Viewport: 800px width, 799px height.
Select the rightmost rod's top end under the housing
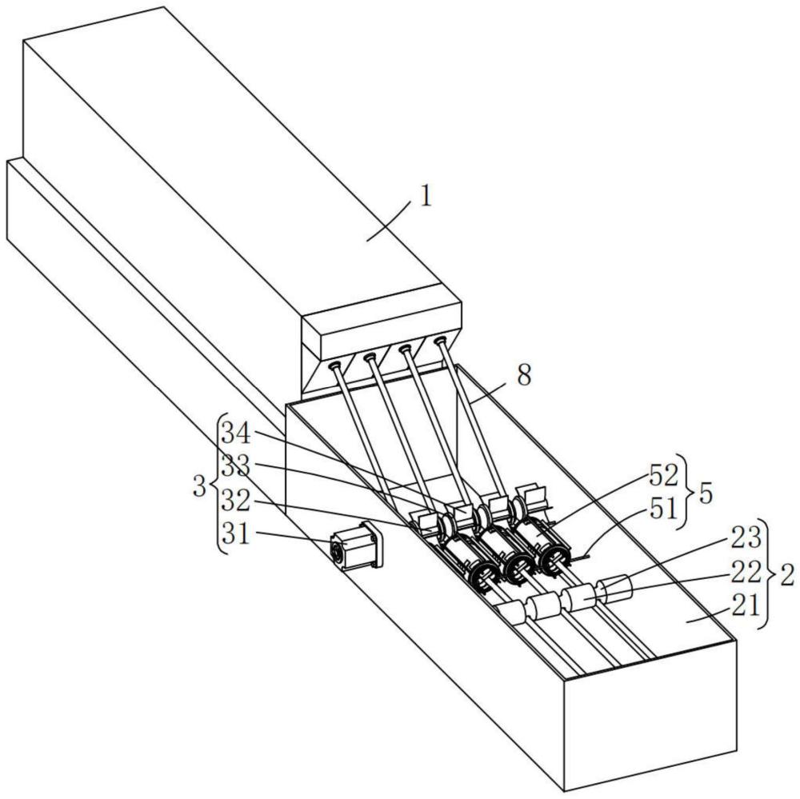(439, 342)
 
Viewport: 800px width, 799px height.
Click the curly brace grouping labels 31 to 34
(218, 484)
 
